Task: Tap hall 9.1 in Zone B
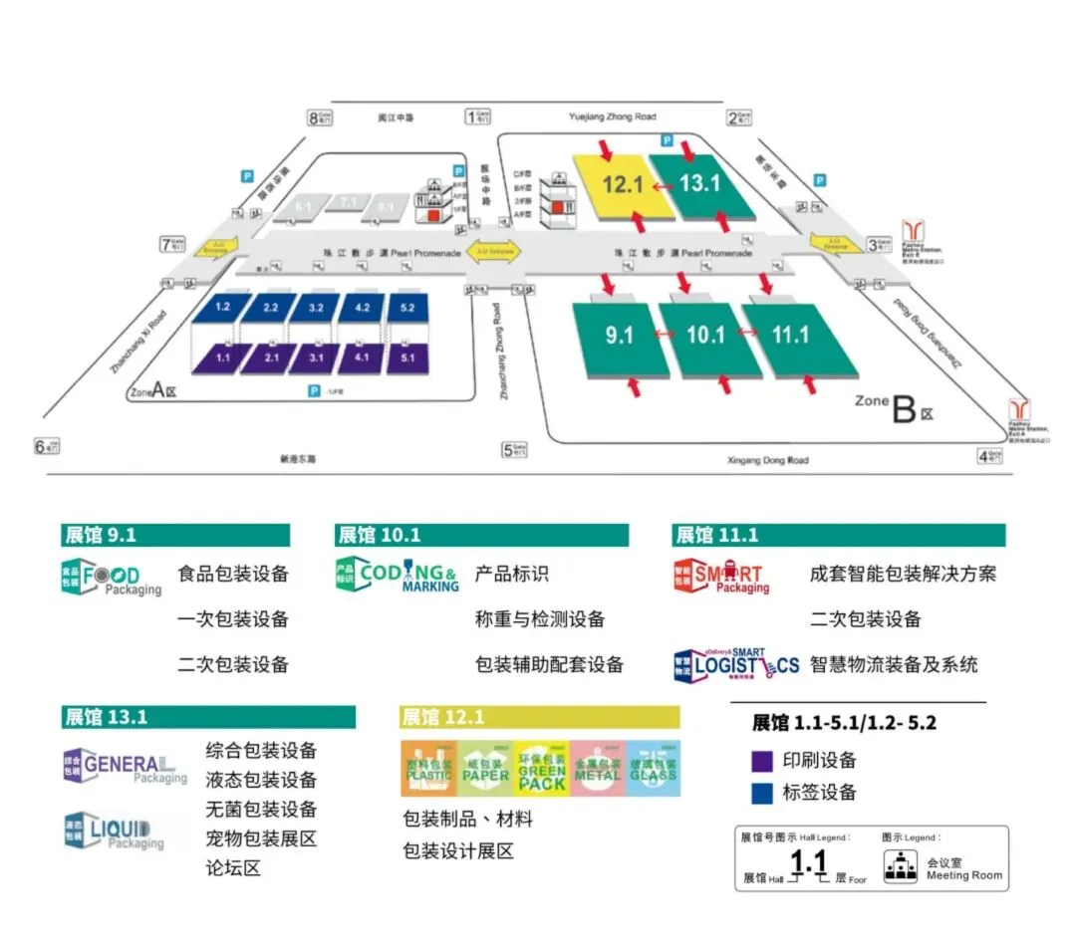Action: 619,337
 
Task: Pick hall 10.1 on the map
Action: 705,336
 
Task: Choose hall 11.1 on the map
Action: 791,336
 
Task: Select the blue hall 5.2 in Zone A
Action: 406,307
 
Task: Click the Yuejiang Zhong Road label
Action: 612,118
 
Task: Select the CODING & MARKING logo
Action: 398,577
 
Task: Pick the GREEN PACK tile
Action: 541,769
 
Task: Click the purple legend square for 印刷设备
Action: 762,761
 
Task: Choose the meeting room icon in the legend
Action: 901,867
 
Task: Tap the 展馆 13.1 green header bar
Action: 208,717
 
